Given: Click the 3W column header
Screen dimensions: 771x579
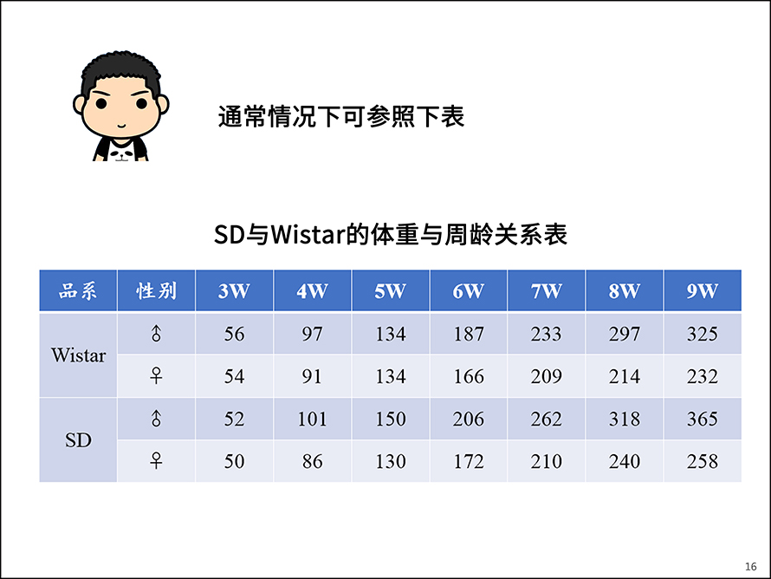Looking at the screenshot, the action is (234, 290).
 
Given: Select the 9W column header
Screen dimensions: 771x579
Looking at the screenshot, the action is (703, 290).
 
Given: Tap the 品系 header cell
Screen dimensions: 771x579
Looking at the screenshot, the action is (78, 290).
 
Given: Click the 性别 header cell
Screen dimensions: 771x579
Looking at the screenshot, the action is (156, 290).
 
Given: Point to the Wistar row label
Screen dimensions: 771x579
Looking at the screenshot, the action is (78, 355).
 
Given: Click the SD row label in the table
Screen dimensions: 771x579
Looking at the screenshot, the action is (78, 440).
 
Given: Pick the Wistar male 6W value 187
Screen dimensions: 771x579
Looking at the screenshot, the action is (469, 334).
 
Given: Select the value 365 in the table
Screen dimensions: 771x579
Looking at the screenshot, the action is (703, 420).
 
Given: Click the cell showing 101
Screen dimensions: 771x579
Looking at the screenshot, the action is (312, 420).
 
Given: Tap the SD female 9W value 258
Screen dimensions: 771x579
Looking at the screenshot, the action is (703, 461).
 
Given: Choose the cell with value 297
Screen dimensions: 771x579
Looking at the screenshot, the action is (625, 334).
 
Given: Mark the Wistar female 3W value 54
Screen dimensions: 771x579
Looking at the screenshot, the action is (234, 376).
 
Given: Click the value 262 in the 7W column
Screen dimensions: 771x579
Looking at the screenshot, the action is (547, 420).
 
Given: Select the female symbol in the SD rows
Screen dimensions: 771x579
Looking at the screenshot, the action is (156, 461).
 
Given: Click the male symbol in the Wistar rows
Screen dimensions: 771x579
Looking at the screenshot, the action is (156, 334).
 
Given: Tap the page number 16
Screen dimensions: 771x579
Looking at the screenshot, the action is (751, 567).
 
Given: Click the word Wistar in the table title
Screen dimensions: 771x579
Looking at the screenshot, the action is (308, 234).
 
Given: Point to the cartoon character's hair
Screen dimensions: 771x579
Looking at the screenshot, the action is (121, 74).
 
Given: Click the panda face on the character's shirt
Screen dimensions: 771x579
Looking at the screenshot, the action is (121, 152).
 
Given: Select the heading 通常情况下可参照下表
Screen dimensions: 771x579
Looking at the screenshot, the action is (340, 117).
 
